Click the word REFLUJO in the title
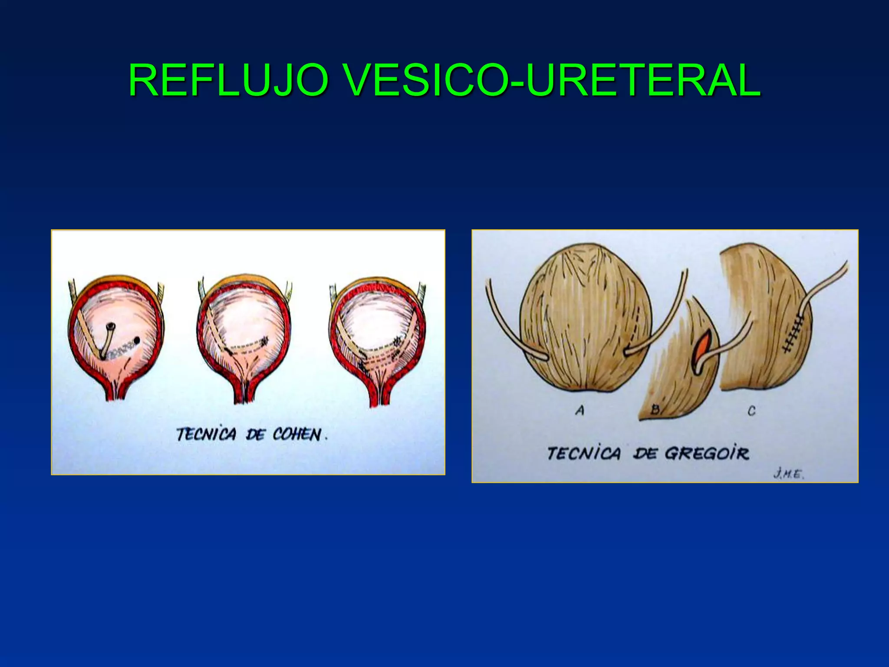(x=228, y=80)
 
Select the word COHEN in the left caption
(x=297, y=434)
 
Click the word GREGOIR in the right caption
(x=707, y=454)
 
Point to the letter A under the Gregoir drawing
(x=580, y=410)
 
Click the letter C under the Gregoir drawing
(x=752, y=410)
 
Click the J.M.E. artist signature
(x=788, y=474)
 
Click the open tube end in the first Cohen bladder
(x=112, y=326)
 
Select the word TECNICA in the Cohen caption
(x=206, y=434)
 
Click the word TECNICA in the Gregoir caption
(x=584, y=453)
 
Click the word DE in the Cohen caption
(x=255, y=434)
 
